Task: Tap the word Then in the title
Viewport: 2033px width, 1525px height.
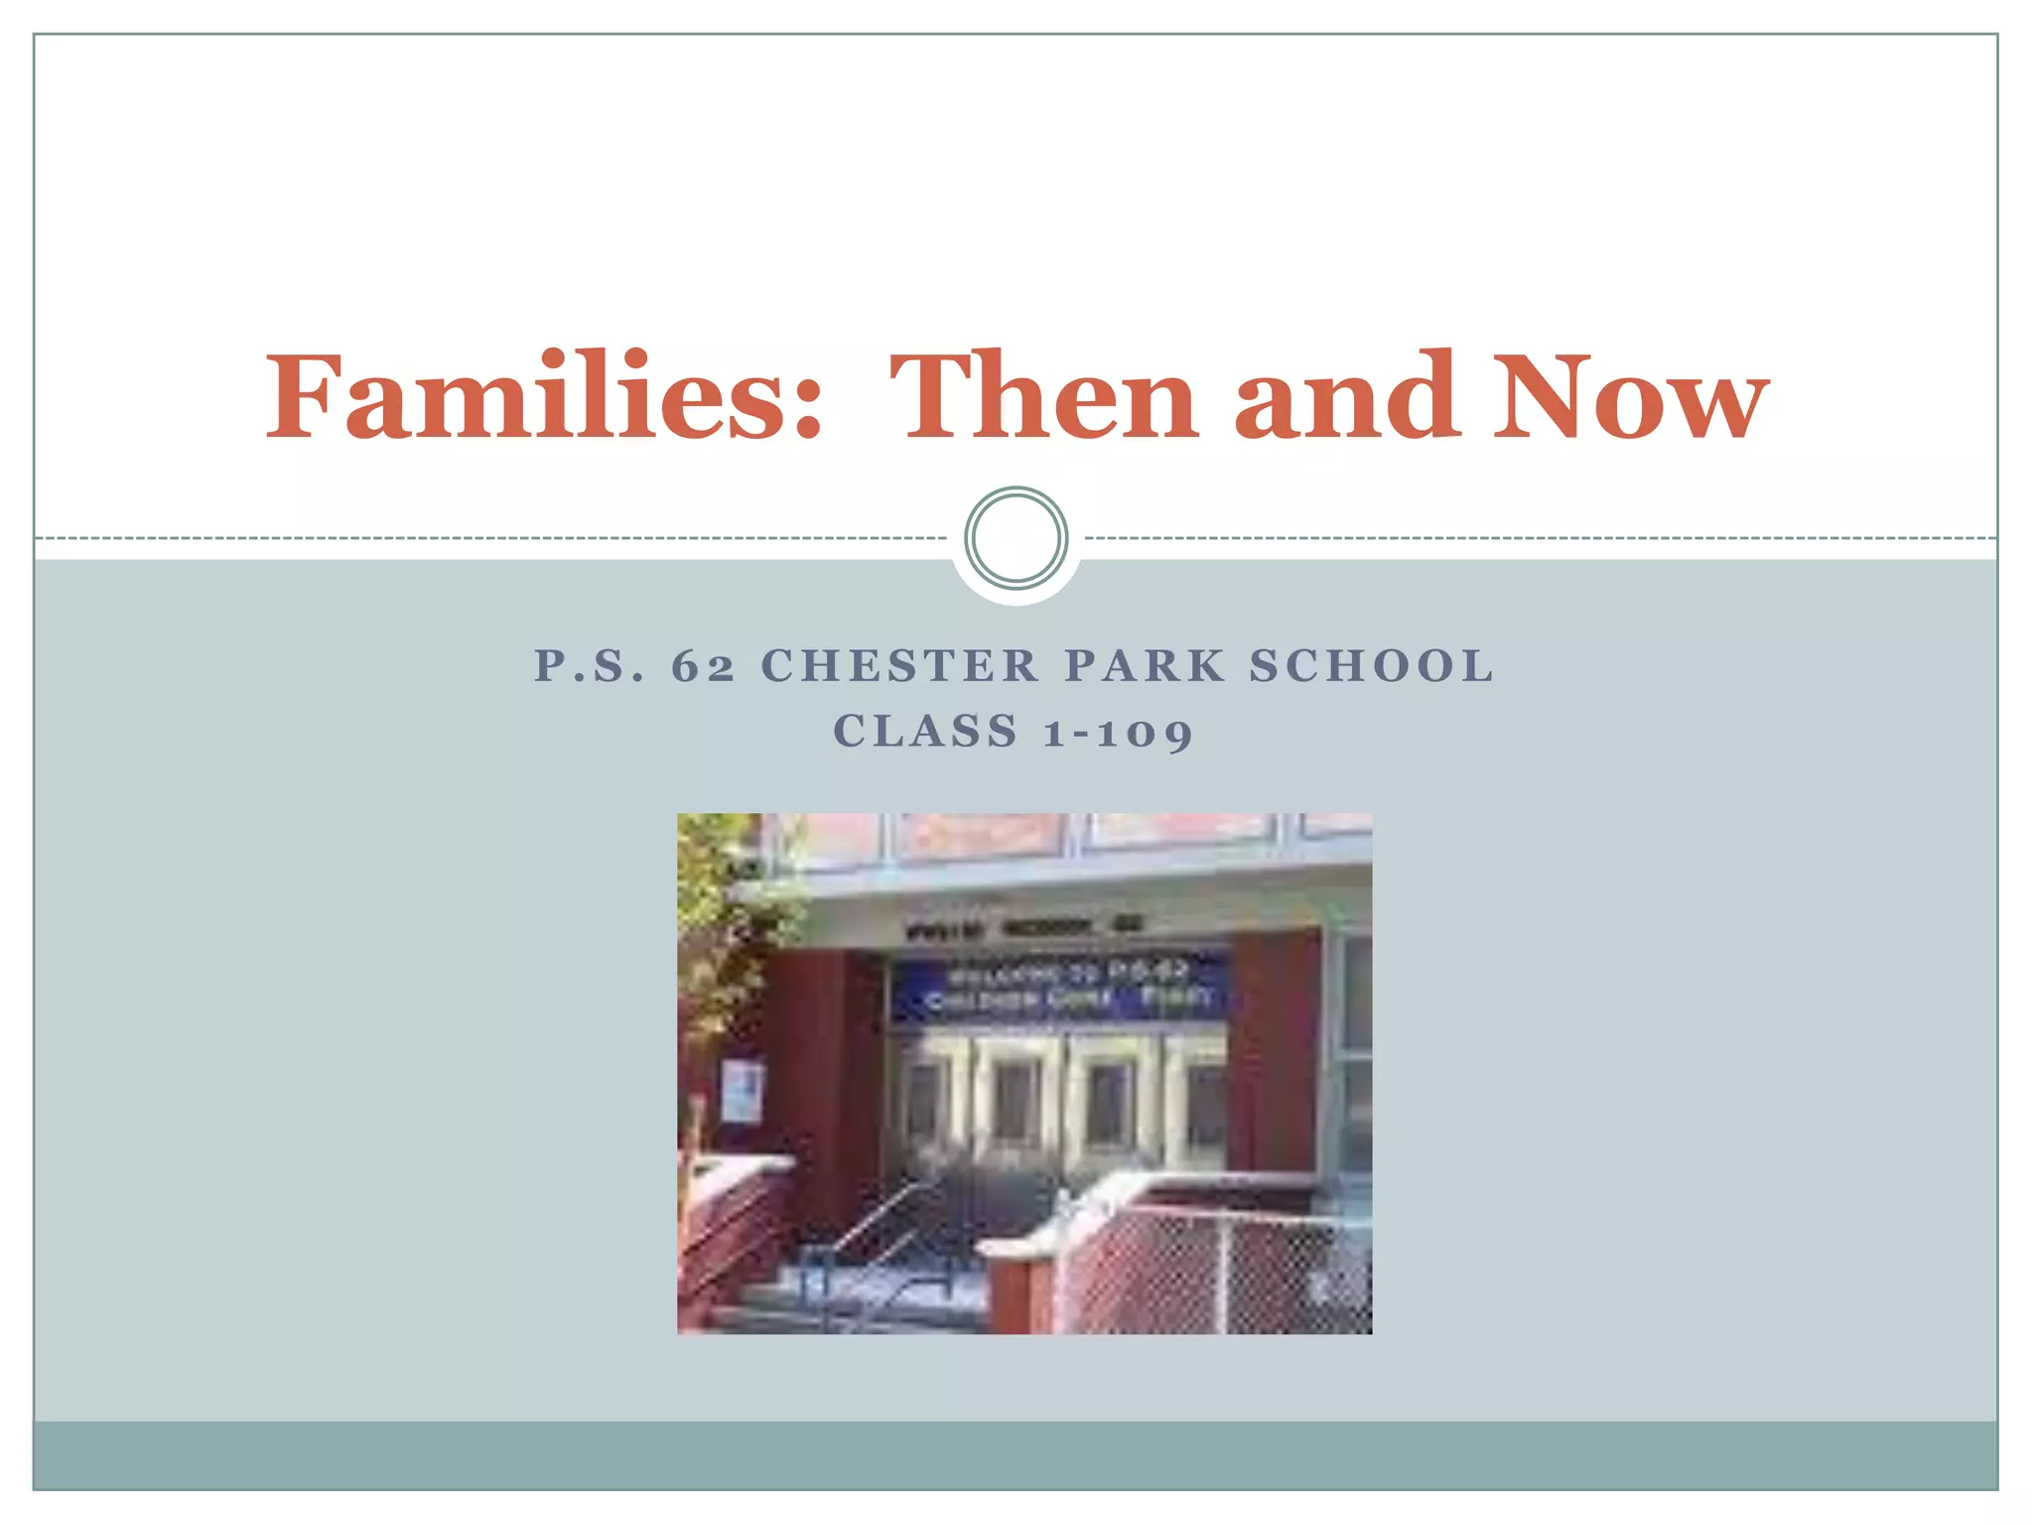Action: tap(1043, 397)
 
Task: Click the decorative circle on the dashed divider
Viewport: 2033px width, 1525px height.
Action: tap(1016, 538)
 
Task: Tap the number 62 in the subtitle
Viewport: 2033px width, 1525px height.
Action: tap(703, 666)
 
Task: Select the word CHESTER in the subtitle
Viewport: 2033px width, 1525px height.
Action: tap(899, 666)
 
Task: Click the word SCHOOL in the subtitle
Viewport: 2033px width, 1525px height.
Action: tap(1371, 666)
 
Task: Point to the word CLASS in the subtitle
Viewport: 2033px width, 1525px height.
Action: tap(925, 732)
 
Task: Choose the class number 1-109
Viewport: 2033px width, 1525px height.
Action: tap(1118, 733)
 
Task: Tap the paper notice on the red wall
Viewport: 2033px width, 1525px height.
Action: tap(742, 1089)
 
